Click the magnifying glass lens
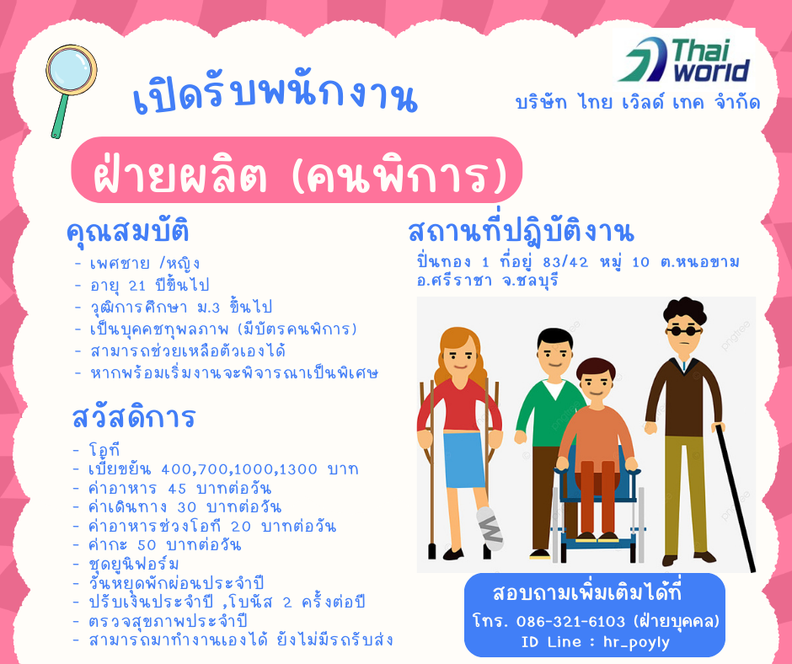pyautogui.click(x=72, y=70)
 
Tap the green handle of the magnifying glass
pyautogui.click(x=61, y=115)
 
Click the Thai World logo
pyautogui.click(x=686, y=60)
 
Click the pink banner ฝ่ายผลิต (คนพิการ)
pyautogui.click(x=297, y=169)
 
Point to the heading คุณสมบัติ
pyautogui.click(x=128, y=232)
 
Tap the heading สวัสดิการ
pyautogui.click(x=133, y=417)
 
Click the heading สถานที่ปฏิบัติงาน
pyautogui.click(x=521, y=231)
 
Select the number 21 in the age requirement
pyautogui.click(x=136, y=286)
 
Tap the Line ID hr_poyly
pyautogui.click(x=636, y=643)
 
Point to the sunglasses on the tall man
pyautogui.click(x=684, y=331)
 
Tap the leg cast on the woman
pyautogui.click(x=490, y=528)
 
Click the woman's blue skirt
pyautogui.click(x=463, y=459)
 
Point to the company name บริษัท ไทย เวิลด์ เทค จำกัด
pyautogui.click(x=638, y=102)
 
